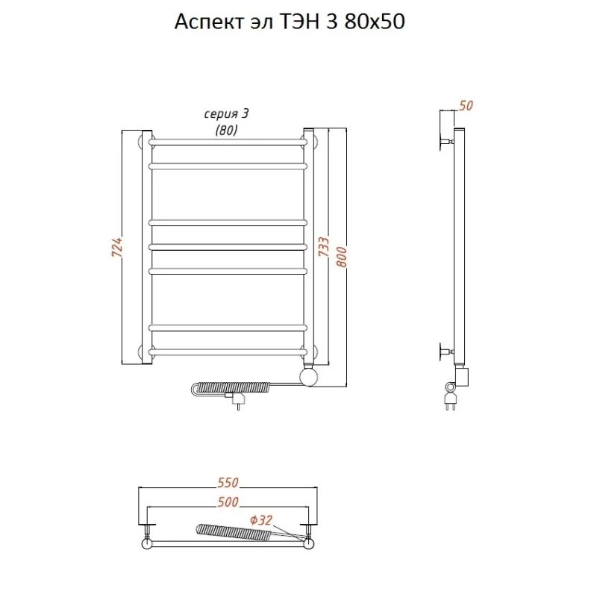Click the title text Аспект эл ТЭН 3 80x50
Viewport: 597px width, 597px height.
tap(290, 22)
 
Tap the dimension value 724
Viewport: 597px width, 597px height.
tap(117, 247)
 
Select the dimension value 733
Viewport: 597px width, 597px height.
tap(323, 246)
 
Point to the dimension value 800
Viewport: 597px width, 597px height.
tap(342, 257)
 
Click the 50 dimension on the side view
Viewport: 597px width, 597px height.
tap(466, 105)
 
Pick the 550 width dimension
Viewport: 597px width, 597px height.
tap(228, 482)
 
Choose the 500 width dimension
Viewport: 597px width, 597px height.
tap(228, 502)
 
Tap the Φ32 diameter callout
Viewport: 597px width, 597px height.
tap(261, 520)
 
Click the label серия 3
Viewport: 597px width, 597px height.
tap(226, 114)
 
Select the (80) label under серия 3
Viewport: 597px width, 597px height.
tap(226, 130)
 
